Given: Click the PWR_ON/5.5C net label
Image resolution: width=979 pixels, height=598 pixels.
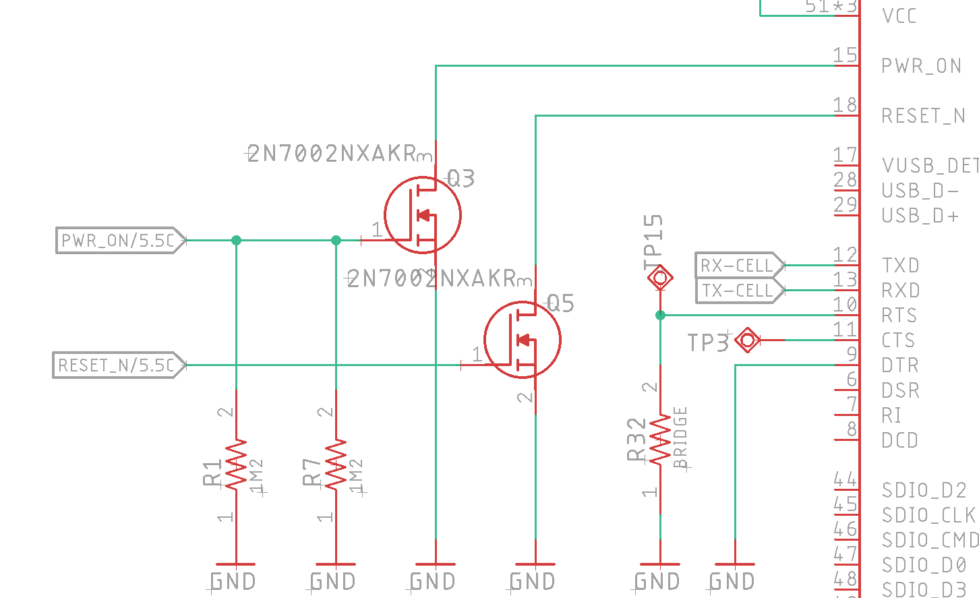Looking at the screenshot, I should pyautogui.click(x=119, y=241).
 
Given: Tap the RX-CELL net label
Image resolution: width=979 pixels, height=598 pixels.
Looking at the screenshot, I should pyautogui.click(x=738, y=266).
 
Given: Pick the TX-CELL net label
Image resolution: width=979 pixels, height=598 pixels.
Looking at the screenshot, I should pyautogui.click(x=738, y=291).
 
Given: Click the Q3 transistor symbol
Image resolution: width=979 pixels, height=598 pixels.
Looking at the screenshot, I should pyautogui.click(x=423, y=215).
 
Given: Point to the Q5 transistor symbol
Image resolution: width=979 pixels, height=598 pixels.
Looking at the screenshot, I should pyautogui.click(x=523, y=340).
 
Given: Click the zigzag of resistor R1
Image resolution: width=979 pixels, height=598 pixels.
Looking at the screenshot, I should pyautogui.click(x=236, y=465).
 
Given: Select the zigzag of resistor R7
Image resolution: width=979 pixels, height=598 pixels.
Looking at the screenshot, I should pyautogui.click(x=336, y=465).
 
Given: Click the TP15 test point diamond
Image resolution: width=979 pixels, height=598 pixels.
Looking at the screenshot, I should pyautogui.click(x=660, y=277).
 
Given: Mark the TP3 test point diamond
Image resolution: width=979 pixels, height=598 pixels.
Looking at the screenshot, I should pyautogui.click(x=747, y=340).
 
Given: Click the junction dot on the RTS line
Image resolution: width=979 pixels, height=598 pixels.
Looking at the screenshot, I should pyautogui.click(x=660, y=315).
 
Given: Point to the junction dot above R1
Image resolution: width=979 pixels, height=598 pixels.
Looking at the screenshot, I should pyautogui.click(x=236, y=240).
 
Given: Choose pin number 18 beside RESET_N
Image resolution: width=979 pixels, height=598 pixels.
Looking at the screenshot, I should pyautogui.click(x=845, y=105).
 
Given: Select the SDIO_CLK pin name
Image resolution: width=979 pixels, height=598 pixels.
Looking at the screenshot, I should pyautogui.click(x=928, y=515).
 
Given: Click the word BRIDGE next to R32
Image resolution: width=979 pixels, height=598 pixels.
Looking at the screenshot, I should pyautogui.click(x=680, y=438).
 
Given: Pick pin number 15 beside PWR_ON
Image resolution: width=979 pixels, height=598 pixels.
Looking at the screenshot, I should pyautogui.click(x=845, y=55).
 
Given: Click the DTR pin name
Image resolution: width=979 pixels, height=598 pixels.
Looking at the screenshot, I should pyautogui.click(x=900, y=365).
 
